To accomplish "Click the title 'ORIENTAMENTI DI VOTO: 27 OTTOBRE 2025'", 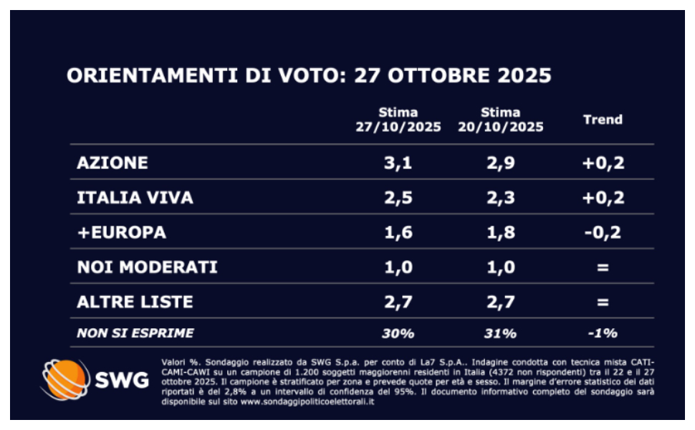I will (x=309, y=77).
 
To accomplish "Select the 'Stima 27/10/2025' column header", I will (x=398, y=120).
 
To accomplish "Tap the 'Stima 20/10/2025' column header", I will (x=501, y=120).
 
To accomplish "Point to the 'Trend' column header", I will (x=603, y=120).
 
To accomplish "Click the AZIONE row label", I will (x=112, y=163).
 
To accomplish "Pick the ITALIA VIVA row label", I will (x=135, y=198).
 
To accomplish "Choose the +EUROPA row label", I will (x=121, y=233).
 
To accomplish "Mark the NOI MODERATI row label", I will (x=147, y=268).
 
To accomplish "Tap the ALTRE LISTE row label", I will (x=135, y=302).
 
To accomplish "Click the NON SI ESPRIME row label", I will (x=135, y=333).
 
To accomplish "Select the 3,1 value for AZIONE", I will (x=398, y=163).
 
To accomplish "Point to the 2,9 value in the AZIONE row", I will (x=500, y=163).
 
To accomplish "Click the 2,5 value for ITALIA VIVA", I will (x=398, y=198).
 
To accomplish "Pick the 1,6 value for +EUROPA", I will (x=398, y=233).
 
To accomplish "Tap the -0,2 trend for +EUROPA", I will (x=603, y=233).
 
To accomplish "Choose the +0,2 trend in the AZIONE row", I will (x=603, y=163).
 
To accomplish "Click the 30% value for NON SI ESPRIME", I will (x=398, y=333).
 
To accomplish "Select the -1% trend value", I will (x=603, y=333).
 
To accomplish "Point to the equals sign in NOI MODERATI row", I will (x=603, y=268).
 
